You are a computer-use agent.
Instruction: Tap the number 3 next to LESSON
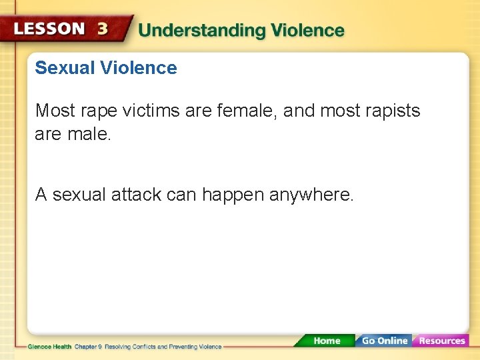click(103, 29)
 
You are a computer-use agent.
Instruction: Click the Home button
click(327, 341)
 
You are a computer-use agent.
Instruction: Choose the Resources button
click(441, 341)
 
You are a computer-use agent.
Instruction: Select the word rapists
click(392, 111)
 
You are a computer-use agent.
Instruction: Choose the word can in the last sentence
click(181, 195)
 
